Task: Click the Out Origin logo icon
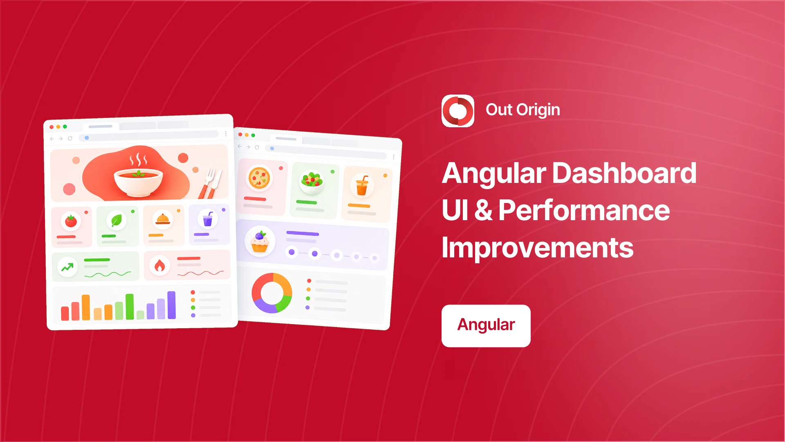(x=458, y=111)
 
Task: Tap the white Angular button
(x=486, y=326)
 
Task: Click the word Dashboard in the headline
(x=624, y=173)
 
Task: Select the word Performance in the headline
(x=584, y=210)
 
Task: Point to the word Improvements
(x=538, y=248)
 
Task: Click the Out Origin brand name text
(x=523, y=110)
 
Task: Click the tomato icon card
(x=72, y=227)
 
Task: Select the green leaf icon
(x=117, y=221)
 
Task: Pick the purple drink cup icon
(x=208, y=219)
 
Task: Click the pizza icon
(x=259, y=178)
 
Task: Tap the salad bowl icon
(x=312, y=181)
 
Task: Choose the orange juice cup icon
(x=362, y=185)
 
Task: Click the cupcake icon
(x=260, y=241)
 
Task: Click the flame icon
(x=159, y=266)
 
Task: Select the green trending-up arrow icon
(x=67, y=267)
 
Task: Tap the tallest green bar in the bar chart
(x=130, y=307)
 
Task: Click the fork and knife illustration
(x=211, y=183)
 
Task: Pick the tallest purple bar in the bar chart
(x=172, y=305)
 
